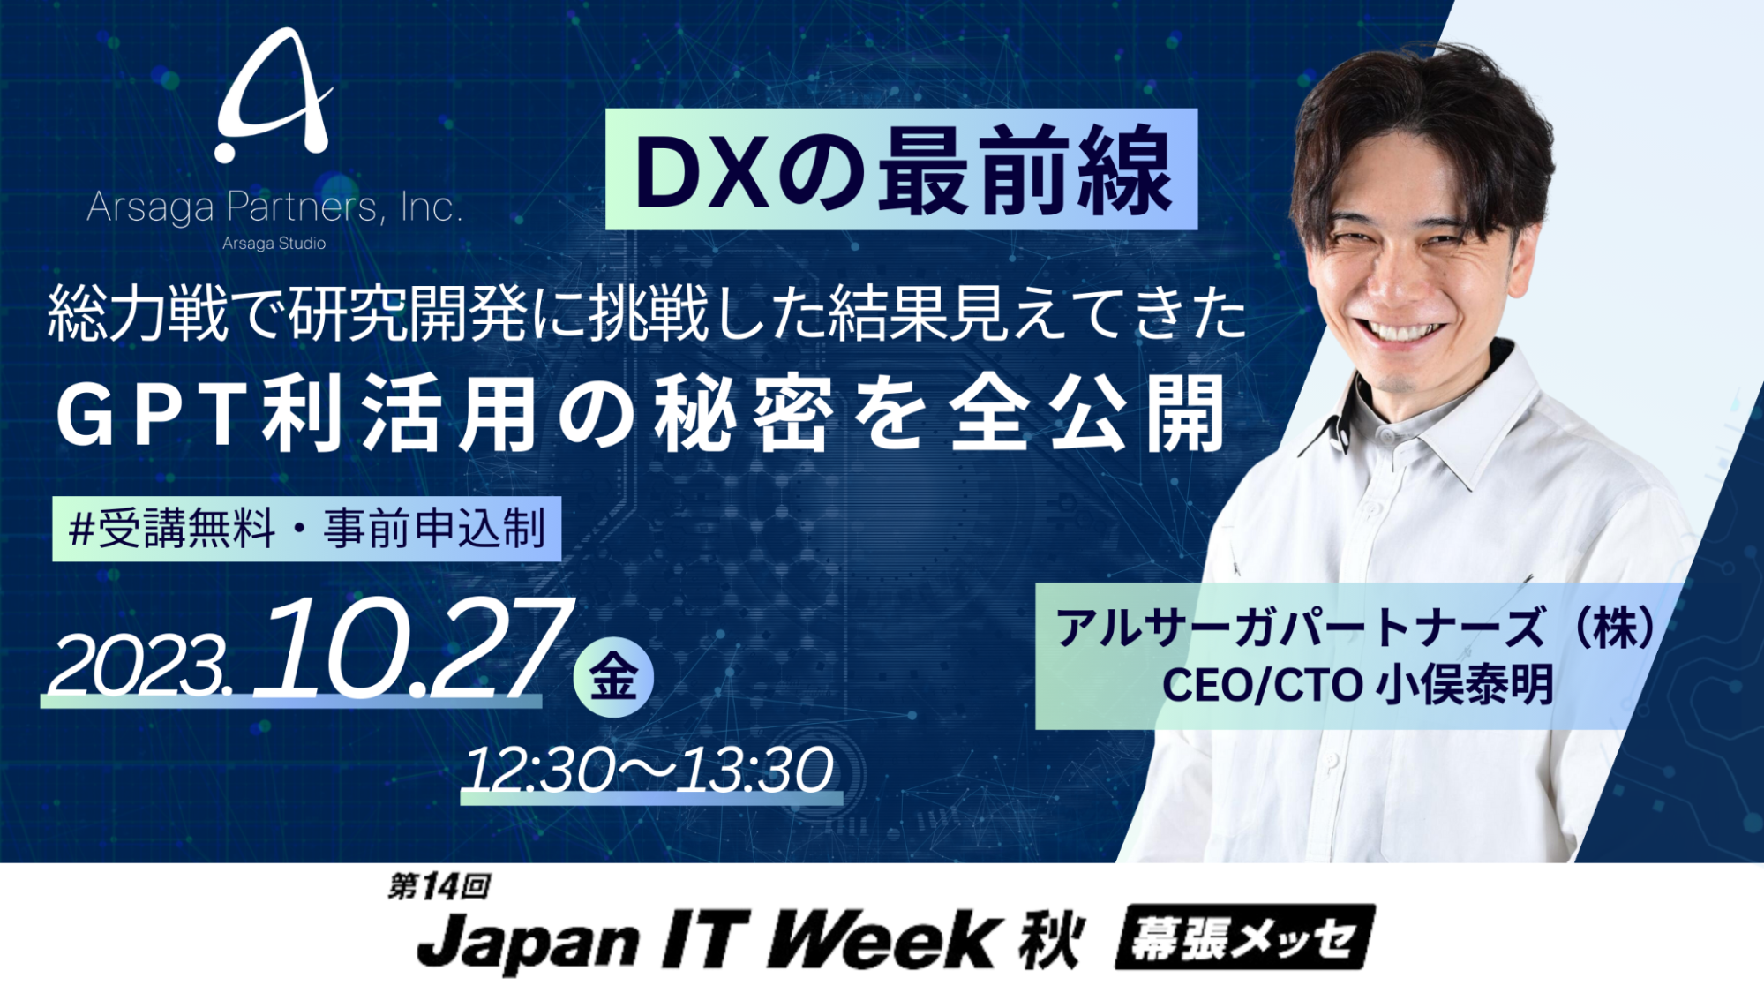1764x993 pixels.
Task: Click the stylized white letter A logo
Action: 274,97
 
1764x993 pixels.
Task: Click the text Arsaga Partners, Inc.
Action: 274,207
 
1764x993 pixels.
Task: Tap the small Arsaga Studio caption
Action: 274,244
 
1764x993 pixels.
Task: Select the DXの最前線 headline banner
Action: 901,169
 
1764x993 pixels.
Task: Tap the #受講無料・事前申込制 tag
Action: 306,529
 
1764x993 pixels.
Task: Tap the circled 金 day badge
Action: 613,677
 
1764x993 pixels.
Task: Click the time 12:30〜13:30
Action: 649,770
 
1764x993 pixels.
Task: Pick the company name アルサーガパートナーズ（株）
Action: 1355,628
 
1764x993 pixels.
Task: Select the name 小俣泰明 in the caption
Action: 1465,685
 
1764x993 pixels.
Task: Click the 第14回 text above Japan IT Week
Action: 439,886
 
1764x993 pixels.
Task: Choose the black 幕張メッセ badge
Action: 1244,937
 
